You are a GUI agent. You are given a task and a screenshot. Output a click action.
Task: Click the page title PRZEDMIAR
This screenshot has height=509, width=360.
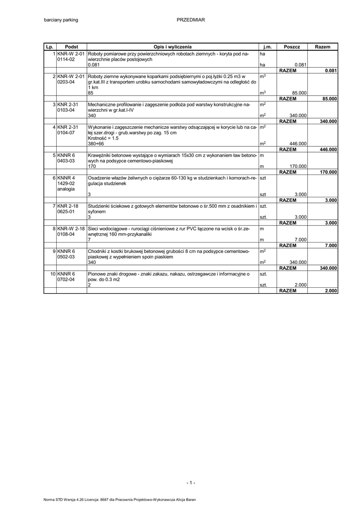click(191, 20)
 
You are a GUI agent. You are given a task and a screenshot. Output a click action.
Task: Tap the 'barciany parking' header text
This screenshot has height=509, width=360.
click(61, 20)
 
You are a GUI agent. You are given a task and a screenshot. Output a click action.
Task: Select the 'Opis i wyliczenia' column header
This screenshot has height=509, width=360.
click(173, 46)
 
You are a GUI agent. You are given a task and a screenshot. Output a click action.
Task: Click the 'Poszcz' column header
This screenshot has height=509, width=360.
click(292, 46)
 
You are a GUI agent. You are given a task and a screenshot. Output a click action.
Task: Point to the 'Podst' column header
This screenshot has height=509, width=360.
click(72, 46)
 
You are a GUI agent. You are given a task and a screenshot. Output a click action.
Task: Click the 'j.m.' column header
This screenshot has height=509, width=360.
click(268, 46)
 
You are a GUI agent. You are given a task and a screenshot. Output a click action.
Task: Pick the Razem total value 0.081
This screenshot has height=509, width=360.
click(331, 71)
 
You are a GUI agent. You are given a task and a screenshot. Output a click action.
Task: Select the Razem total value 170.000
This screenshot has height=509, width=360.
click(328, 172)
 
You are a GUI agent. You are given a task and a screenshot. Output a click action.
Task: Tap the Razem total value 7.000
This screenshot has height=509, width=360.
click(331, 246)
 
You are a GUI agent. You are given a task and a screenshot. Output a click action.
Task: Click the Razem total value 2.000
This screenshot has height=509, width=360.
click(331, 291)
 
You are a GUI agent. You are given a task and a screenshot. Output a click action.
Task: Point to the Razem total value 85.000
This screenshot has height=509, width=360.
click(329, 99)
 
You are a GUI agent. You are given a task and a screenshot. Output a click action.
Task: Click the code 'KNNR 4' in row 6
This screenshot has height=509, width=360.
click(66, 177)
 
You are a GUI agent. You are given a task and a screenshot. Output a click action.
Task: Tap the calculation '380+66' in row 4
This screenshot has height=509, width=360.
click(96, 144)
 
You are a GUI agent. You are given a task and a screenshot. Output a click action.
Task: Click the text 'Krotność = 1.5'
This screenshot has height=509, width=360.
click(103, 138)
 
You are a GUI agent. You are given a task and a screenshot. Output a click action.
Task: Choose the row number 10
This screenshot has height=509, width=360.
click(53, 274)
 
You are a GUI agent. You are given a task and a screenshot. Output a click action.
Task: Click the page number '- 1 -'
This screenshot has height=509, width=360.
click(191, 483)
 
